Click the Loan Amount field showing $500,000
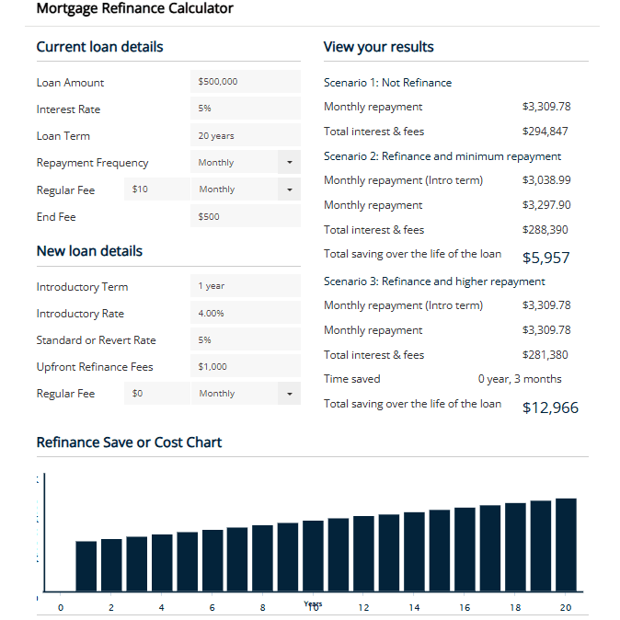pyautogui.click(x=245, y=82)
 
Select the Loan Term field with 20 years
pyautogui.click(x=245, y=135)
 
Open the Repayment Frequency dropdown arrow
pyautogui.click(x=289, y=163)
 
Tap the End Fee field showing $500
pyautogui.click(x=245, y=217)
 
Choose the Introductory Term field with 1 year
pyautogui.click(x=245, y=286)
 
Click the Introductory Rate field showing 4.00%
pyautogui.click(x=245, y=314)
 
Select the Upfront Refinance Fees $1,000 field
pyautogui.click(x=245, y=367)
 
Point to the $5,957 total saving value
pyautogui.click(x=545, y=258)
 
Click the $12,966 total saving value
pyautogui.click(x=550, y=408)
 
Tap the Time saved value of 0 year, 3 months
pyautogui.click(x=519, y=379)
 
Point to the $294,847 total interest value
pyautogui.click(x=545, y=132)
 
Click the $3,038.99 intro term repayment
pyautogui.click(x=545, y=180)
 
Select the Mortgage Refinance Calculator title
pyautogui.click(x=134, y=9)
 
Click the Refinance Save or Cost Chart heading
pyautogui.click(x=129, y=442)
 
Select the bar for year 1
pyautogui.click(x=86, y=566)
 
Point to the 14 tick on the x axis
pyautogui.click(x=414, y=608)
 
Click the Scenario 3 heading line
pyautogui.click(x=434, y=281)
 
